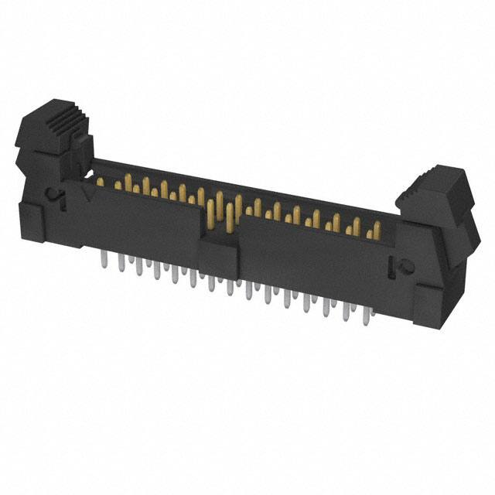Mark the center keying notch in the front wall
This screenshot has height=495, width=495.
tap(220, 224)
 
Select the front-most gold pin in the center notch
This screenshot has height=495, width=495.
tap(230, 220)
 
